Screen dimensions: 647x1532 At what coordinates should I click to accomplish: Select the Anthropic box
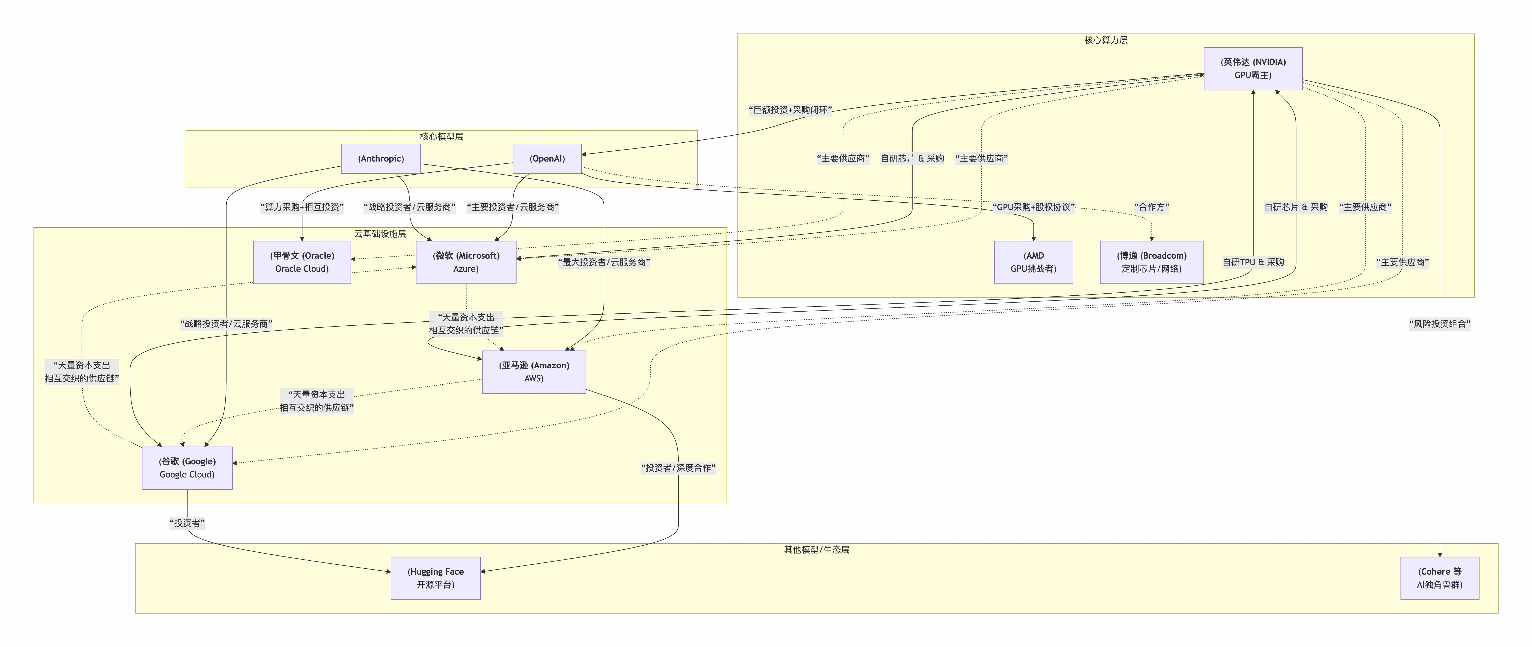[381, 159]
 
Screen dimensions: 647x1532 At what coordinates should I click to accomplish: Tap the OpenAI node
[547, 159]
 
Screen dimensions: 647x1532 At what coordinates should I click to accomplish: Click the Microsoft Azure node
[466, 262]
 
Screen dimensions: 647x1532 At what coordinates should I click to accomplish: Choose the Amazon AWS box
[533, 372]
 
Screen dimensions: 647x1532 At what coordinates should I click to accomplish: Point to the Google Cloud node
[187, 468]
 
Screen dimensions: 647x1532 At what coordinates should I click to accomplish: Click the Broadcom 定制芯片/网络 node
[1151, 262]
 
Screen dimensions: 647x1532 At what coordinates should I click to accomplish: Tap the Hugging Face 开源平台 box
[435, 578]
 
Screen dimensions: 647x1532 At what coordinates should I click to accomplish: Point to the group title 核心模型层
[441, 137]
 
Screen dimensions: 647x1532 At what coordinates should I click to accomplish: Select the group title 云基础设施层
[380, 234]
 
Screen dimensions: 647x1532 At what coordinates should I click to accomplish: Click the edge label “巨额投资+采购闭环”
[790, 110]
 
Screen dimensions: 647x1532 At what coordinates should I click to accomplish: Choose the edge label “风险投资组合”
[1439, 324]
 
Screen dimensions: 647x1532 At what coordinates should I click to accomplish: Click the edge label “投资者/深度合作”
[678, 468]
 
